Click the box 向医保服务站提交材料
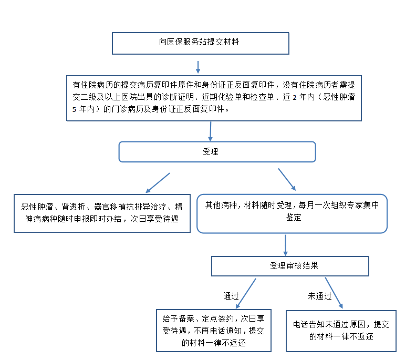(200, 43)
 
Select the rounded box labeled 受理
(217, 151)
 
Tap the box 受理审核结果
(290, 266)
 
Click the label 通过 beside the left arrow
(231, 296)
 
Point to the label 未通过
(319, 296)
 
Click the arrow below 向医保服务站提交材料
(198, 67)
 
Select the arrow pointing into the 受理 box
(211, 130)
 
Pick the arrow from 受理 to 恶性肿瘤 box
(157, 182)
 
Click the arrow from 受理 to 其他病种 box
(287, 179)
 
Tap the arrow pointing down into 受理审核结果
(285, 244)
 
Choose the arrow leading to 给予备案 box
(246, 293)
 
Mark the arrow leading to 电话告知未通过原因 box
(331, 293)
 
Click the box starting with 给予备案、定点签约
(214, 331)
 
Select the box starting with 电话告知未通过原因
(341, 331)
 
